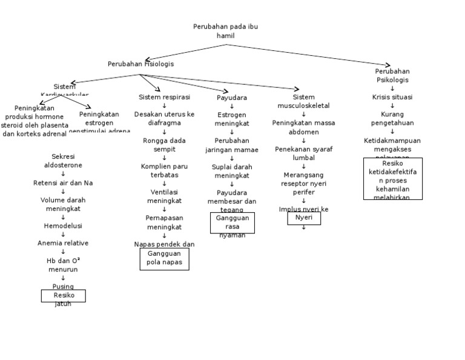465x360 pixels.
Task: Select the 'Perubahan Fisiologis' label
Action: tap(140, 64)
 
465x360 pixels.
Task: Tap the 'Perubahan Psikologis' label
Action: tap(392, 75)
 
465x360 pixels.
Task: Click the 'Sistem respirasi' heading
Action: tap(164, 97)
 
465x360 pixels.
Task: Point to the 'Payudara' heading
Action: tap(232, 98)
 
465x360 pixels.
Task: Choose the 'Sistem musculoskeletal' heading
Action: tap(303, 101)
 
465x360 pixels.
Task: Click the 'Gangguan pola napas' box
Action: tap(164, 259)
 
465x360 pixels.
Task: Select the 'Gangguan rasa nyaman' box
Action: tap(232, 222)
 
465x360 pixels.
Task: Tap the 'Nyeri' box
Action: tap(303, 218)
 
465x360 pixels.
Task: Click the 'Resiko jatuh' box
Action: tap(63, 296)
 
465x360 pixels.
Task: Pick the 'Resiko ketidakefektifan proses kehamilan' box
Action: tap(392, 178)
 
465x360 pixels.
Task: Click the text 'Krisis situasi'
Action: tap(392, 97)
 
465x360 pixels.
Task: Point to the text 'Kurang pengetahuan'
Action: tap(392, 118)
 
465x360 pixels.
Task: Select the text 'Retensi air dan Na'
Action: tap(63, 182)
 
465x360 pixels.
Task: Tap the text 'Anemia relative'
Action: tap(63, 243)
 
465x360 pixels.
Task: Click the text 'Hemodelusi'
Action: tap(63, 225)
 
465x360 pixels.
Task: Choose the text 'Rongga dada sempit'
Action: tap(164, 145)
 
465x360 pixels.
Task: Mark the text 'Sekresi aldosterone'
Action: tap(63, 161)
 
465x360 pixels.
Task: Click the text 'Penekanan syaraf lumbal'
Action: tap(303, 153)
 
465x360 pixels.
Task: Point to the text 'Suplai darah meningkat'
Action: tap(232, 171)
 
